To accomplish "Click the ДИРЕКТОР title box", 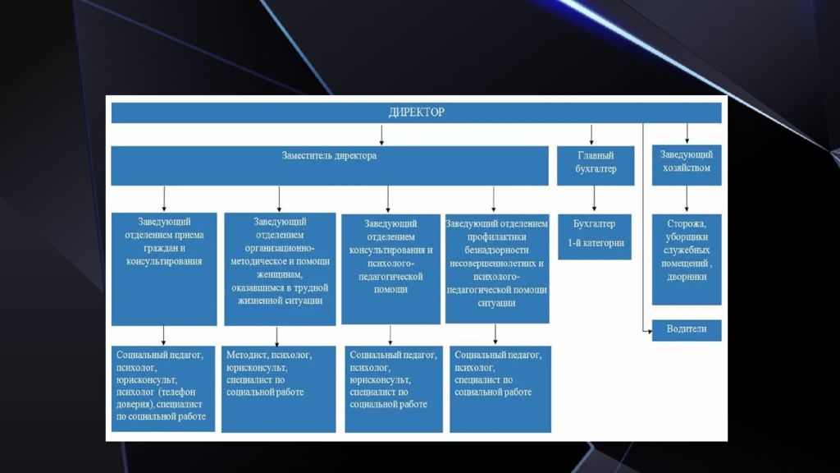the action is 416,113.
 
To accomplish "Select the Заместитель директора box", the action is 330,166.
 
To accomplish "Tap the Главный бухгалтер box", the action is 596,166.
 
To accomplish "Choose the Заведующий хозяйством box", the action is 687,165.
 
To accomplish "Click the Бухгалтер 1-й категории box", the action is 595,237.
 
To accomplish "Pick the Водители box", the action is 687,330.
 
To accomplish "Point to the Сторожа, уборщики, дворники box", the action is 687,259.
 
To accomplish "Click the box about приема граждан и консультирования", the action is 164,269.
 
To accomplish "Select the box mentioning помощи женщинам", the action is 280,269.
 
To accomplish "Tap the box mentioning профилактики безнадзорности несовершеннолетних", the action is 497,269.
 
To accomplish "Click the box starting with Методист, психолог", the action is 279,388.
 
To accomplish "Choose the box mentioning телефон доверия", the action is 163,388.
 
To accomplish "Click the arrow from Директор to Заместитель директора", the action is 381,135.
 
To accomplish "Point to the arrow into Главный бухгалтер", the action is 591,135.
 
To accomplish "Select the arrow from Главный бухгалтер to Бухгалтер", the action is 594,199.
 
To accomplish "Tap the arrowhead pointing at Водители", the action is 650,332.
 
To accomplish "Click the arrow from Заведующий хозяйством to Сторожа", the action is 687,199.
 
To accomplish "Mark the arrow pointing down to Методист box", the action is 277,336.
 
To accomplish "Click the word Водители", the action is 687,328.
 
